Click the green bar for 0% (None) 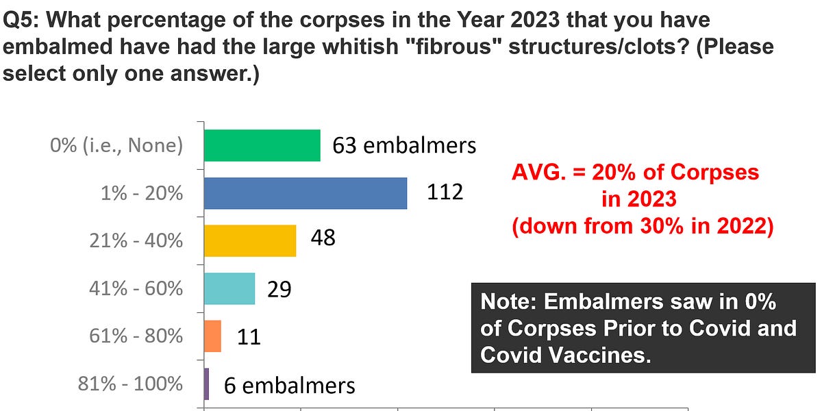pos(262,145)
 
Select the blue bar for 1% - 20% pos(306,193)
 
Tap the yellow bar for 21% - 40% pos(250,240)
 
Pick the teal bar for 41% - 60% pos(229,288)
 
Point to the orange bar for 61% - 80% pos(212,336)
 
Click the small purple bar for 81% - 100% pos(207,384)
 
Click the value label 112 pos(445,192)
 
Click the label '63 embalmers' pos(404,145)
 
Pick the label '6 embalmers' pos(290,385)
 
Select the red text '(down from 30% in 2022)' pos(643,226)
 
